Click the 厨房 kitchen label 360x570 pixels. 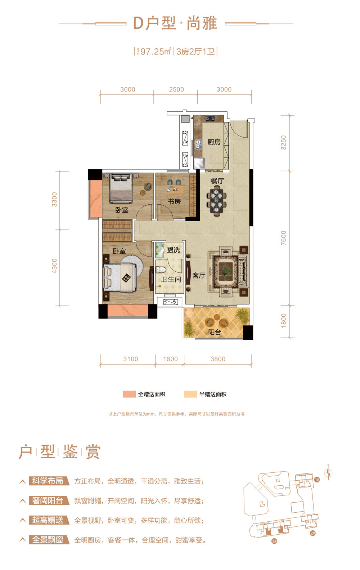214,142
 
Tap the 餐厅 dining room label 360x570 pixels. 217,181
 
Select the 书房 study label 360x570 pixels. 175,201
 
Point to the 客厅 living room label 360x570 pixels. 199,276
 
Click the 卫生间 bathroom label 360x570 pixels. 171,279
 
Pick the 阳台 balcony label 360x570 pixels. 215,332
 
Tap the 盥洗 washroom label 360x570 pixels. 174,250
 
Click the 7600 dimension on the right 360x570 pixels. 284,238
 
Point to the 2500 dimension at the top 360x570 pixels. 176,89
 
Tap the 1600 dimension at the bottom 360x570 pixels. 170,359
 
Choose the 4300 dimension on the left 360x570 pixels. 54,266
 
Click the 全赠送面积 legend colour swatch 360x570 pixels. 129,394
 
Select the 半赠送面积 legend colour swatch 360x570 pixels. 190,394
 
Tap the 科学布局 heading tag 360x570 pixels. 48,481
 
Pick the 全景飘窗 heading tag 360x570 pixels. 48,540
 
